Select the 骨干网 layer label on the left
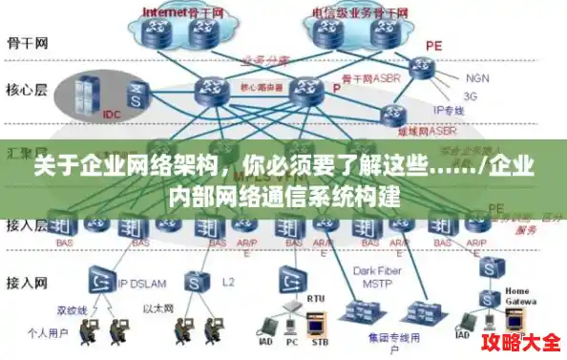coord(27,43)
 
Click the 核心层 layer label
coord(27,90)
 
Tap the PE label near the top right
coord(433,45)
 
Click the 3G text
coord(471,95)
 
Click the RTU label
coord(316,298)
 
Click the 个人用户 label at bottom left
coord(47,334)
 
